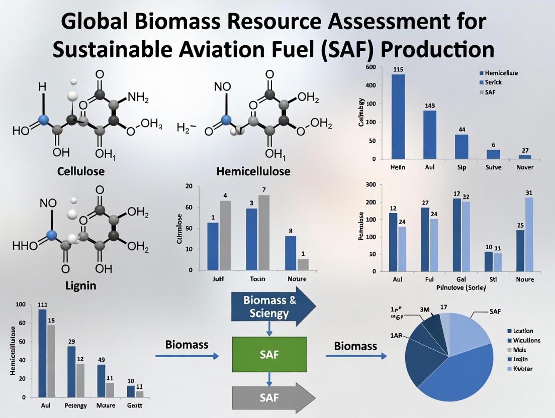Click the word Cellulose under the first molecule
click(80, 171)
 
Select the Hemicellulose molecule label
click(253, 171)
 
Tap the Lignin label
click(80, 286)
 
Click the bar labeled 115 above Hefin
click(398, 117)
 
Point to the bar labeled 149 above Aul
click(430, 135)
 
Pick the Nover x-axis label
click(524, 167)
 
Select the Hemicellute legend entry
click(501, 73)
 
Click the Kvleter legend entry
click(523, 369)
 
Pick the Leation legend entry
click(523, 331)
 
